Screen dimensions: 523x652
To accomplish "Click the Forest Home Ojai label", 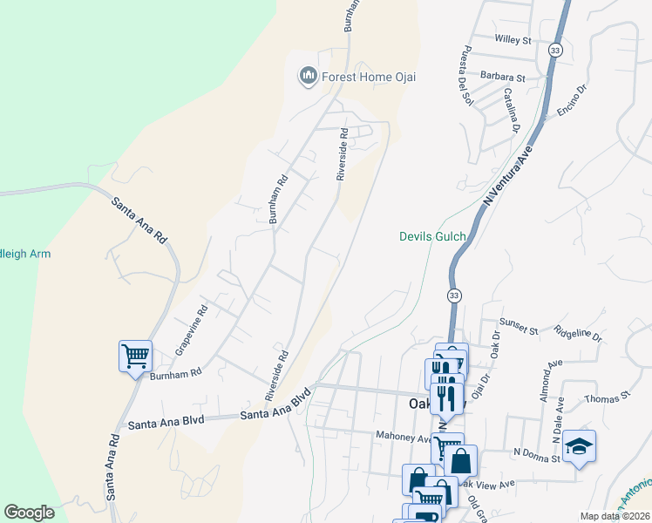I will (369, 77).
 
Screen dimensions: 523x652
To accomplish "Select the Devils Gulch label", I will (432, 236).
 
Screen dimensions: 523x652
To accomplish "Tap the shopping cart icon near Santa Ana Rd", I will (135, 356).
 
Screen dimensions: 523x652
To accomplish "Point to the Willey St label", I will (513, 40).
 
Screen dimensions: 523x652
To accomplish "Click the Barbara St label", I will (507, 78).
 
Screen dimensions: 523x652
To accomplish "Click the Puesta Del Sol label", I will (467, 73).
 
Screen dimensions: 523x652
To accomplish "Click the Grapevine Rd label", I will (193, 329).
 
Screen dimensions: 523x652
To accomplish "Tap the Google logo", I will (29, 513).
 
